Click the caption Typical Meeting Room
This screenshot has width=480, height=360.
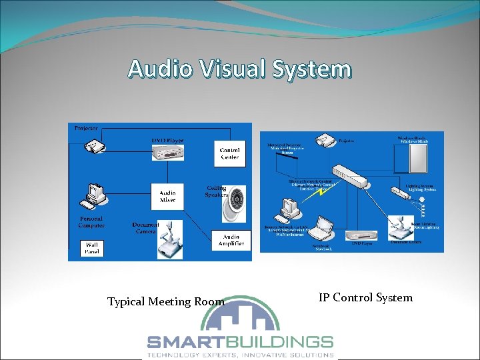(166, 302)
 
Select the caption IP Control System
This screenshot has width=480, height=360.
(365, 298)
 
